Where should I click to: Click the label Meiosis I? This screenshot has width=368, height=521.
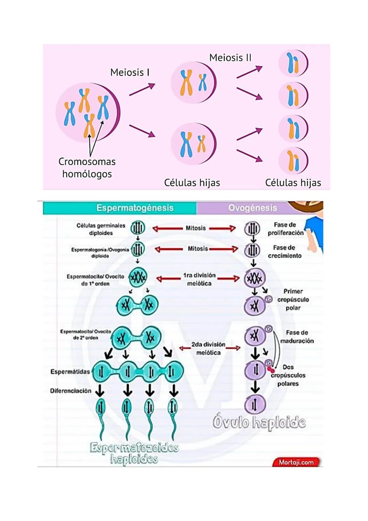coord(130,72)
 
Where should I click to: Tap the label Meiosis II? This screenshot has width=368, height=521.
coord(230,58)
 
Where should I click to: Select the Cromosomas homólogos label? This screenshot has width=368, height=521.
coord(87,168)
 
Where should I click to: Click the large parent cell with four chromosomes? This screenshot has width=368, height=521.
coord(88,113)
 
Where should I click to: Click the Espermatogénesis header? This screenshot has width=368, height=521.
coord(135,208)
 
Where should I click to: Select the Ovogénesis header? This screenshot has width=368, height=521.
coord(252,208)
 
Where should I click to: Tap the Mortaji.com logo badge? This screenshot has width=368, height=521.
coord(296,462)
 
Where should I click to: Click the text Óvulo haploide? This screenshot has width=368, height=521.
coord(259,422)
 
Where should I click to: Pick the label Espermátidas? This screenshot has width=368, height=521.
coord(70,372)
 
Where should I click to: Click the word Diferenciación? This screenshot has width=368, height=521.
coord(71,391)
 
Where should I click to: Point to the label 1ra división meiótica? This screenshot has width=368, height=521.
coord(199,279)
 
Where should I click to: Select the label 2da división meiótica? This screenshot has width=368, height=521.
coord(208,348)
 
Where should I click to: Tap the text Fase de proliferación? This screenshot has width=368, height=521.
coord(285,229)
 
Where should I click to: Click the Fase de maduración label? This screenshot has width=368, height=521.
coord(297,336)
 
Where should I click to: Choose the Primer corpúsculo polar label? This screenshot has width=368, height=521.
coord(293,299)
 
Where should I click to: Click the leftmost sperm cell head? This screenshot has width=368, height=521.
coord(101,407)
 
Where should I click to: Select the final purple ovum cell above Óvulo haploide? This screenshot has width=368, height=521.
coord(255,404)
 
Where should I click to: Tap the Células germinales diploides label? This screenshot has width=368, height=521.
coord(101,229)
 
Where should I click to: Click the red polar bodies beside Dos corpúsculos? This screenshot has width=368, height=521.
coord(271,370)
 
